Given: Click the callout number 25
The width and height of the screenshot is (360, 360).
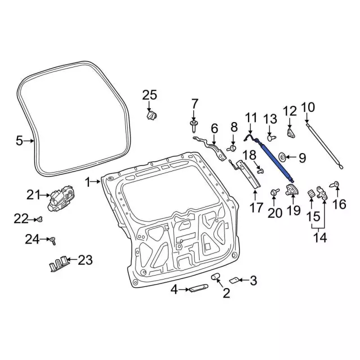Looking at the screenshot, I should point(149,95).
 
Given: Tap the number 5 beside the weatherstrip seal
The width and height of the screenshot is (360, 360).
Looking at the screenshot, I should point(20,141).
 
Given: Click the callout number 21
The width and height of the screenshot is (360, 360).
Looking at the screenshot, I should point(33,195).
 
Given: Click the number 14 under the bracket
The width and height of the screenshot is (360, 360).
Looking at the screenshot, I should point(319,237).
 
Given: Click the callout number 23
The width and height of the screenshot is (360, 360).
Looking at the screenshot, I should point(84,259).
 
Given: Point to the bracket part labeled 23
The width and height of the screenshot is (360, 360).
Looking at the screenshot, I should point(59,263).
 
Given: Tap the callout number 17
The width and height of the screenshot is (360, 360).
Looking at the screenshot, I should point(256,208).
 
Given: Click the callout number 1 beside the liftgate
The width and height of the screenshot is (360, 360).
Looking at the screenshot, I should point(88,182).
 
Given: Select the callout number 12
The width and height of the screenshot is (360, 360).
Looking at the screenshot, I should point(289,111).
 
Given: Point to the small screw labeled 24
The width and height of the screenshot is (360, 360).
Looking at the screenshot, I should point(52,240).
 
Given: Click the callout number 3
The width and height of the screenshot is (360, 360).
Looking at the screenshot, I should point(253,280).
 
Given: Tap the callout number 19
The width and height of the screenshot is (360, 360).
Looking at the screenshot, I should point(294,211).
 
